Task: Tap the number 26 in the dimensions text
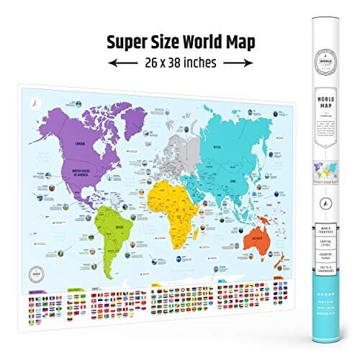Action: click(140, 62)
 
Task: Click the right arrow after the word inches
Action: click(243, 63)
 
